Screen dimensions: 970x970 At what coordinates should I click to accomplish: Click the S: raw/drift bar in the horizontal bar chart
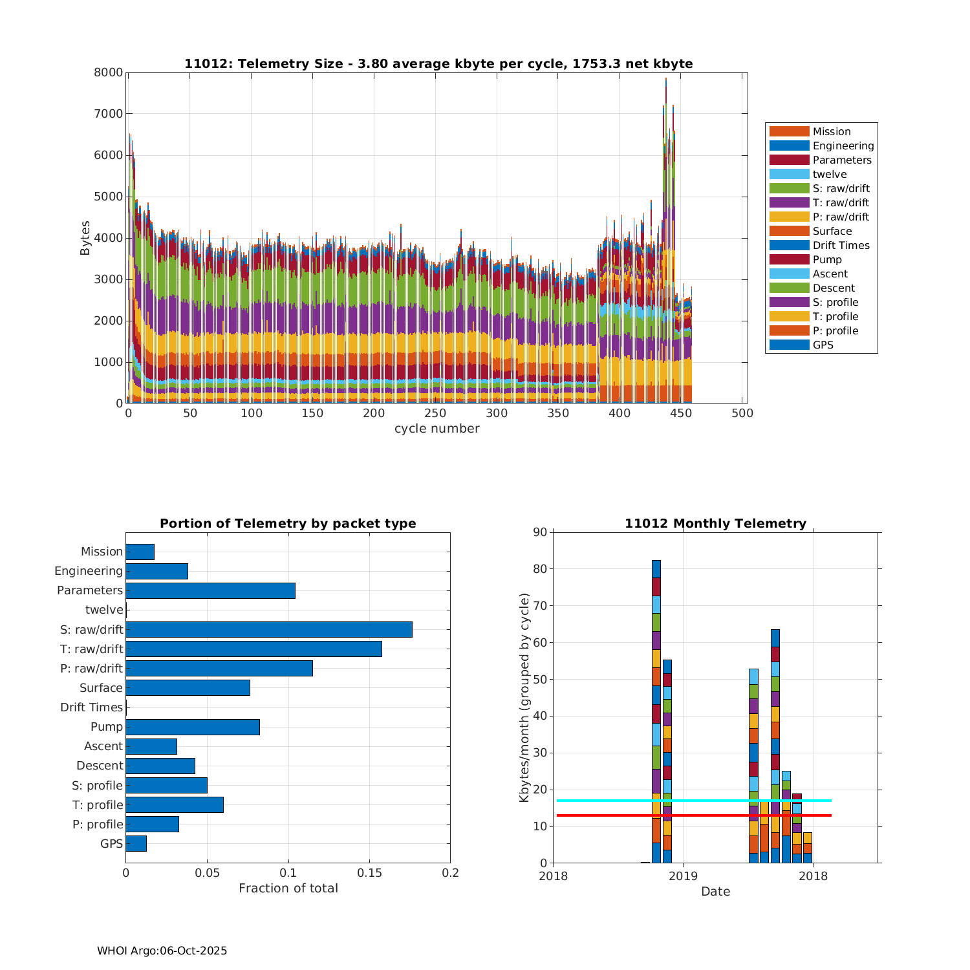(269, 629)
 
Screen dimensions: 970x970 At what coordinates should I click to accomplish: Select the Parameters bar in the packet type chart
(210, 590)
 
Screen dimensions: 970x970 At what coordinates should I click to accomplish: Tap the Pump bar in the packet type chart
(193, 727)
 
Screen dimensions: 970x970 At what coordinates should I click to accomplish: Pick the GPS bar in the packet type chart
(136, 843)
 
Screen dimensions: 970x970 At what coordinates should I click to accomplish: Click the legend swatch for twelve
(789, 174)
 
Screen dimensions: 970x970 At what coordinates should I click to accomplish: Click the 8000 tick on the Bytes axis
(109, 72)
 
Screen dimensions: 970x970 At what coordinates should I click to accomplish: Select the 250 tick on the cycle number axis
(435, 414)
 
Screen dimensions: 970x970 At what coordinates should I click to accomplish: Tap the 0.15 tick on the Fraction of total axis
(369, 873)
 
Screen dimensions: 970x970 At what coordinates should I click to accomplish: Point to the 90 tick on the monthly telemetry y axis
(540, 532)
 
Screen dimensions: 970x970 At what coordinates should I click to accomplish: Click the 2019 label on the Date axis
(683, 876)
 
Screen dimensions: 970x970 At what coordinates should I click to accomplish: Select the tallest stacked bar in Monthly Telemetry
(656, 711)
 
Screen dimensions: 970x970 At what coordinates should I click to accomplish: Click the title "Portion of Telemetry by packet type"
(288, 523)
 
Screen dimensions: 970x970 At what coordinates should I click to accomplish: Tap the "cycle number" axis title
(437, 429)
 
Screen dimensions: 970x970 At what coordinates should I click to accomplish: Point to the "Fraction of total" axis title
(288, 889)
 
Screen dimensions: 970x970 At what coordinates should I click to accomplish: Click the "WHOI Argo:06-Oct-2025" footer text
(162, 951)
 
